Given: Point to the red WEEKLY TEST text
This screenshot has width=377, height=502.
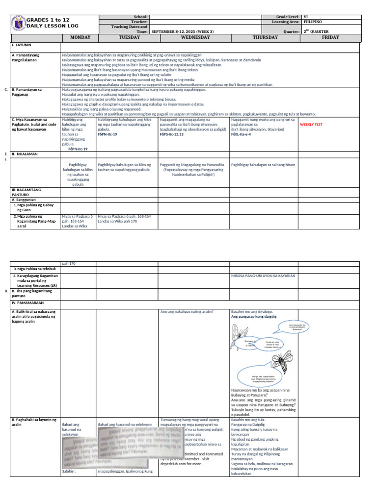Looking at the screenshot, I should (311, 125).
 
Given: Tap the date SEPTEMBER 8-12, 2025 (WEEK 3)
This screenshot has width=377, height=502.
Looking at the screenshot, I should (183, 32).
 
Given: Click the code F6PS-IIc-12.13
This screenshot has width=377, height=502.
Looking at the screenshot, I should (172, 133).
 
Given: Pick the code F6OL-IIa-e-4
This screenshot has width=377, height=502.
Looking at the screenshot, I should (241, 133).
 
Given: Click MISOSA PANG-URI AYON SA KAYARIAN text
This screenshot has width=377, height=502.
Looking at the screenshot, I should (263, 276).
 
